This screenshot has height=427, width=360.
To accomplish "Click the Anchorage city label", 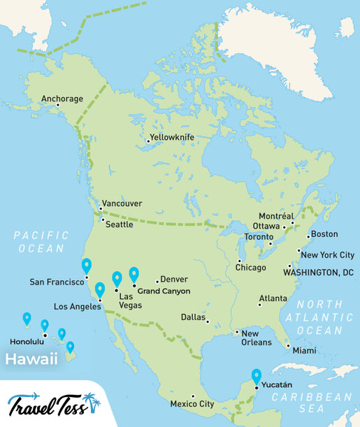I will coord(62,99).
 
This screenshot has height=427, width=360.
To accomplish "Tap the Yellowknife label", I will coord(171,138).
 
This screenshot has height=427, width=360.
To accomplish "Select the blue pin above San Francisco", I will coord(87,266).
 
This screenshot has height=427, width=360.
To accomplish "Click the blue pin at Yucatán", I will coord(257,376).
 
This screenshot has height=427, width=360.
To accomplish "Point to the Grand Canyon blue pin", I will coord(134,274).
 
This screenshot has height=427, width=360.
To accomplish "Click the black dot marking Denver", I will coord(157,280).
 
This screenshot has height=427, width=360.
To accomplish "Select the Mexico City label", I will coord(192,404).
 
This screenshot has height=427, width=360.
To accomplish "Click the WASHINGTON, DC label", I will coord(319,271).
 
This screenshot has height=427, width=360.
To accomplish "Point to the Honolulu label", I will coord(27,342).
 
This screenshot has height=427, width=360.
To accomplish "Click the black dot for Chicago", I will coord(240,260).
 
